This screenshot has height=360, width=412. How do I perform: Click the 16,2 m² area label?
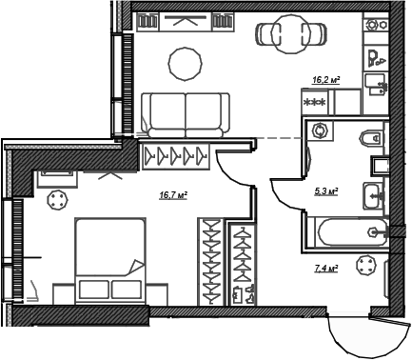pos(325,82)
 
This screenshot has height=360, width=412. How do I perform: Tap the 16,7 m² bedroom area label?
pos(171,196)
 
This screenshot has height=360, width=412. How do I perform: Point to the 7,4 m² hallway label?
pos(326,270)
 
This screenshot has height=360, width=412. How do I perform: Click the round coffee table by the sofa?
pos(186,63)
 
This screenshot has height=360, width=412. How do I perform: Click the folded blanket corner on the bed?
pos(136,269)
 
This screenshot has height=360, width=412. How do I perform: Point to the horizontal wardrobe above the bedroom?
pos(178,153)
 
